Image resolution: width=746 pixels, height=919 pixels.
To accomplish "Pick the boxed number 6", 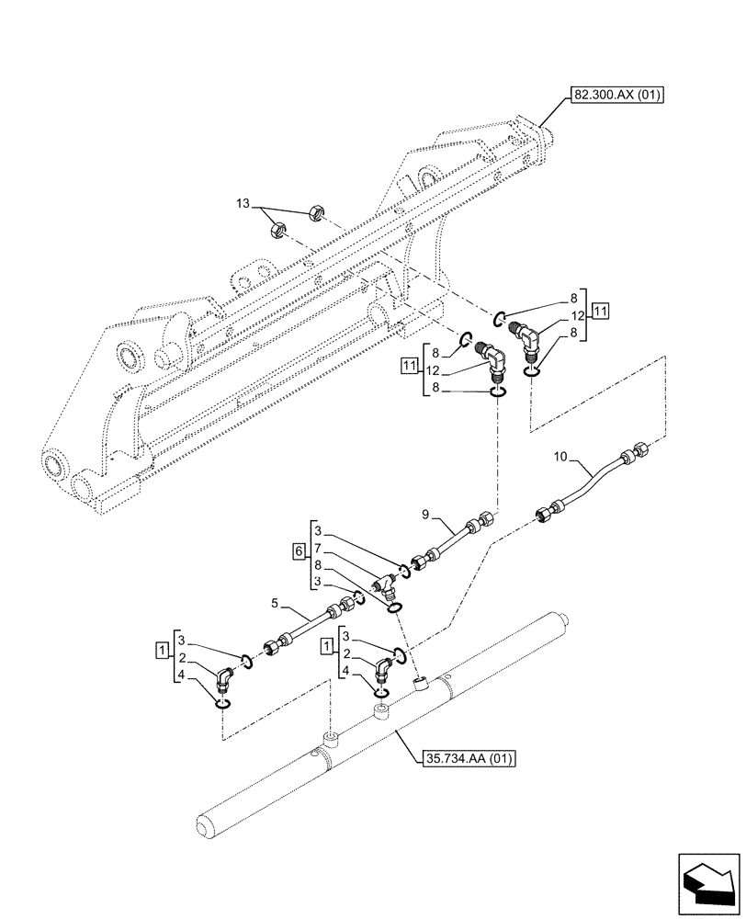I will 299,550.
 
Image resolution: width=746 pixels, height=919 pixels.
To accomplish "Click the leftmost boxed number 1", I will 162,652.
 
